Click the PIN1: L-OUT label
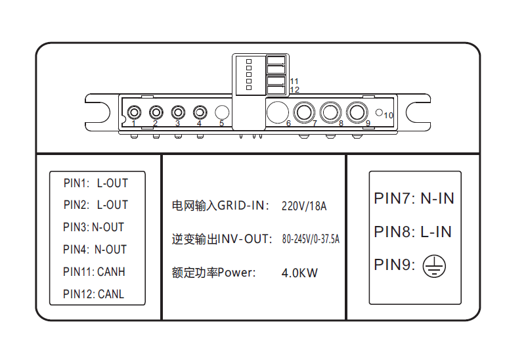coord(96,183)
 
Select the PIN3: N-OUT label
coord(93,227)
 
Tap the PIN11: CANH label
coord(94,271)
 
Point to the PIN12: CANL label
coord(93,294)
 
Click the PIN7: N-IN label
coord(414,198)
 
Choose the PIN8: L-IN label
coord(412,232)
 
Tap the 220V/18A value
coord(304,206)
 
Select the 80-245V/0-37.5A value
coord(311,239)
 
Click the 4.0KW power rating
coord(299,273)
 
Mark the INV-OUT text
coord(244,239)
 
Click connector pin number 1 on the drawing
coord(134,112)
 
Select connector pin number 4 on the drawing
coord(200,112)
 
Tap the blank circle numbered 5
coord(222,112)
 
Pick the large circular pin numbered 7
coord(304,112)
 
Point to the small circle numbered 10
coord(379,113)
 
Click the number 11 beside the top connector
coord(294,81)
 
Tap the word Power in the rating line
coord(236,273)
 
